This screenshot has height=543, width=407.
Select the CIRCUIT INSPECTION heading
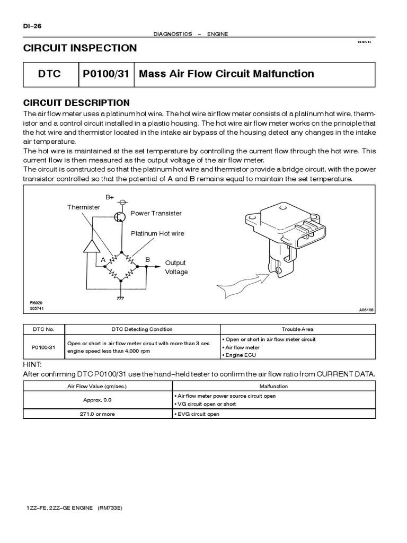point(80,48)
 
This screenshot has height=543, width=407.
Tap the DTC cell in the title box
point(49,74)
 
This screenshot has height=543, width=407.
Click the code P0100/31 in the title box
point(106,74)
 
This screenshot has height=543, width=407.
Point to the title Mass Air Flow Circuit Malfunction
point(226,74)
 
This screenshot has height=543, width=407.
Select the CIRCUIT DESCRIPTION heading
point(76,103)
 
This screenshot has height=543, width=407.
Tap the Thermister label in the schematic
point(83,207)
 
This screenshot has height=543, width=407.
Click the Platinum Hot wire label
point(157,233)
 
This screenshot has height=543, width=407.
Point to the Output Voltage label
point(176,267)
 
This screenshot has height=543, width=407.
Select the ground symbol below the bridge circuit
point(121,297)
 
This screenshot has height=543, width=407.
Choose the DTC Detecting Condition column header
point(141,329)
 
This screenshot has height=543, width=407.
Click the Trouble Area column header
point(297,329)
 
